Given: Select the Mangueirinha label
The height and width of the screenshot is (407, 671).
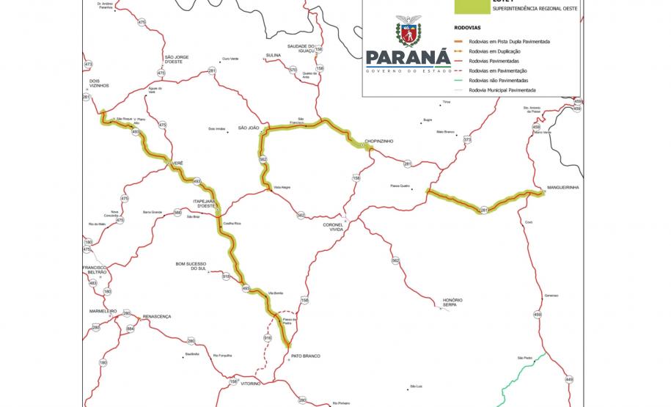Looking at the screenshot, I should [x=563, y=188].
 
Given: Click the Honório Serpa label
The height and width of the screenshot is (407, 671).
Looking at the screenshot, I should [x=452, y=302].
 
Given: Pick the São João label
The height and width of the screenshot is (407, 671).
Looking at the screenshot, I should [x=249, y=128].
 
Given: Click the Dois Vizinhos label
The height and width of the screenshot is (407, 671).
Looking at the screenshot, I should [x=98, y=83].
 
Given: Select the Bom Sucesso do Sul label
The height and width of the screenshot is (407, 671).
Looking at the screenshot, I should [x=191, y=265].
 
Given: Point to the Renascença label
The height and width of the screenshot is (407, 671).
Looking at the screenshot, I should [x=156, y=316].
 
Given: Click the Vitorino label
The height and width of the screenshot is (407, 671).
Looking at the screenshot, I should [x=252, y=384].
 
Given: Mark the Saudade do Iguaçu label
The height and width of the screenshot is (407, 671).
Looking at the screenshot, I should [x=301, y=48].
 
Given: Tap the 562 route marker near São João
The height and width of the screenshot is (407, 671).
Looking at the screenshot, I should [x=263, y=159].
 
